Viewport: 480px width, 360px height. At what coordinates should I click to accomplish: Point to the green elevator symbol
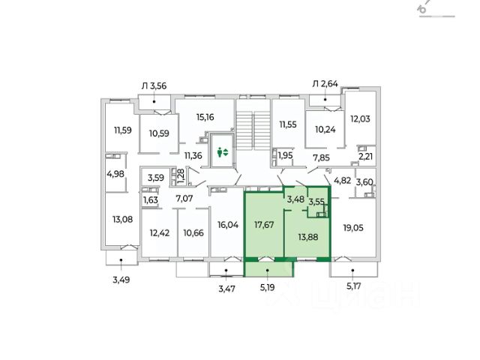pyautogui.click(x=222, y=151)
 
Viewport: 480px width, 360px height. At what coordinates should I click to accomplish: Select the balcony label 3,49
pyautogui.click(x=120, y=280)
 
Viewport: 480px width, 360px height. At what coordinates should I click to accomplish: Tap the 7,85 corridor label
pyautogui.click(x=322, y=157)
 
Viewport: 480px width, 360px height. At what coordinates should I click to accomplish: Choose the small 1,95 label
pyautogui.click(x=286, y=155)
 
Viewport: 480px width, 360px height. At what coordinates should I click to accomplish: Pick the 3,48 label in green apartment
pyautogui.click(x=295, y=199)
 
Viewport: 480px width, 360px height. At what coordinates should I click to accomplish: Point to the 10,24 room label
pyautogui.click(x=324, y=128)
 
